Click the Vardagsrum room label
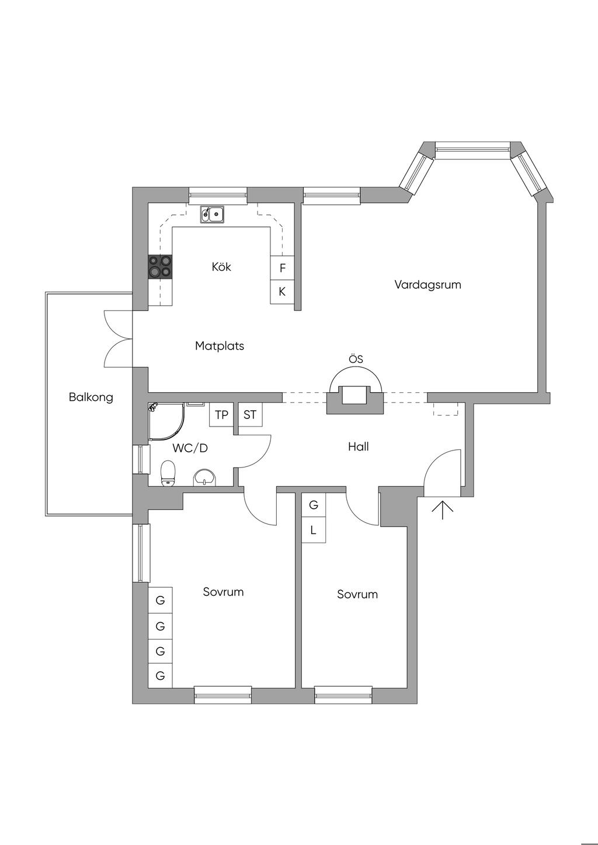tap(427, 284)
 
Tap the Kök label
tap(221, 267)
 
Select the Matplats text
tap(220, 345)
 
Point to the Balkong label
tap(91, 397)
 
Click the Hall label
tap(358, 446)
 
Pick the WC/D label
tap(190, 448)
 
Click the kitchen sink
tap(212, 215)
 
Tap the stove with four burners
tap(160, 267)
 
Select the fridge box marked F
tap(283, 268)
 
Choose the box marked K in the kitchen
tap(283, 292)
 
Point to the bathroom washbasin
tap(204, 478)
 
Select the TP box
tap(221, 415)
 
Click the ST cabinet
tap(250, 415)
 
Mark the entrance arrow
tap(443, 509)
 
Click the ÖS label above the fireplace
tap(356, 359)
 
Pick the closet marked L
tap(314, 531)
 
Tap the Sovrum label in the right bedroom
tap(357, 595)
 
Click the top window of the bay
tap(472, 150)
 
